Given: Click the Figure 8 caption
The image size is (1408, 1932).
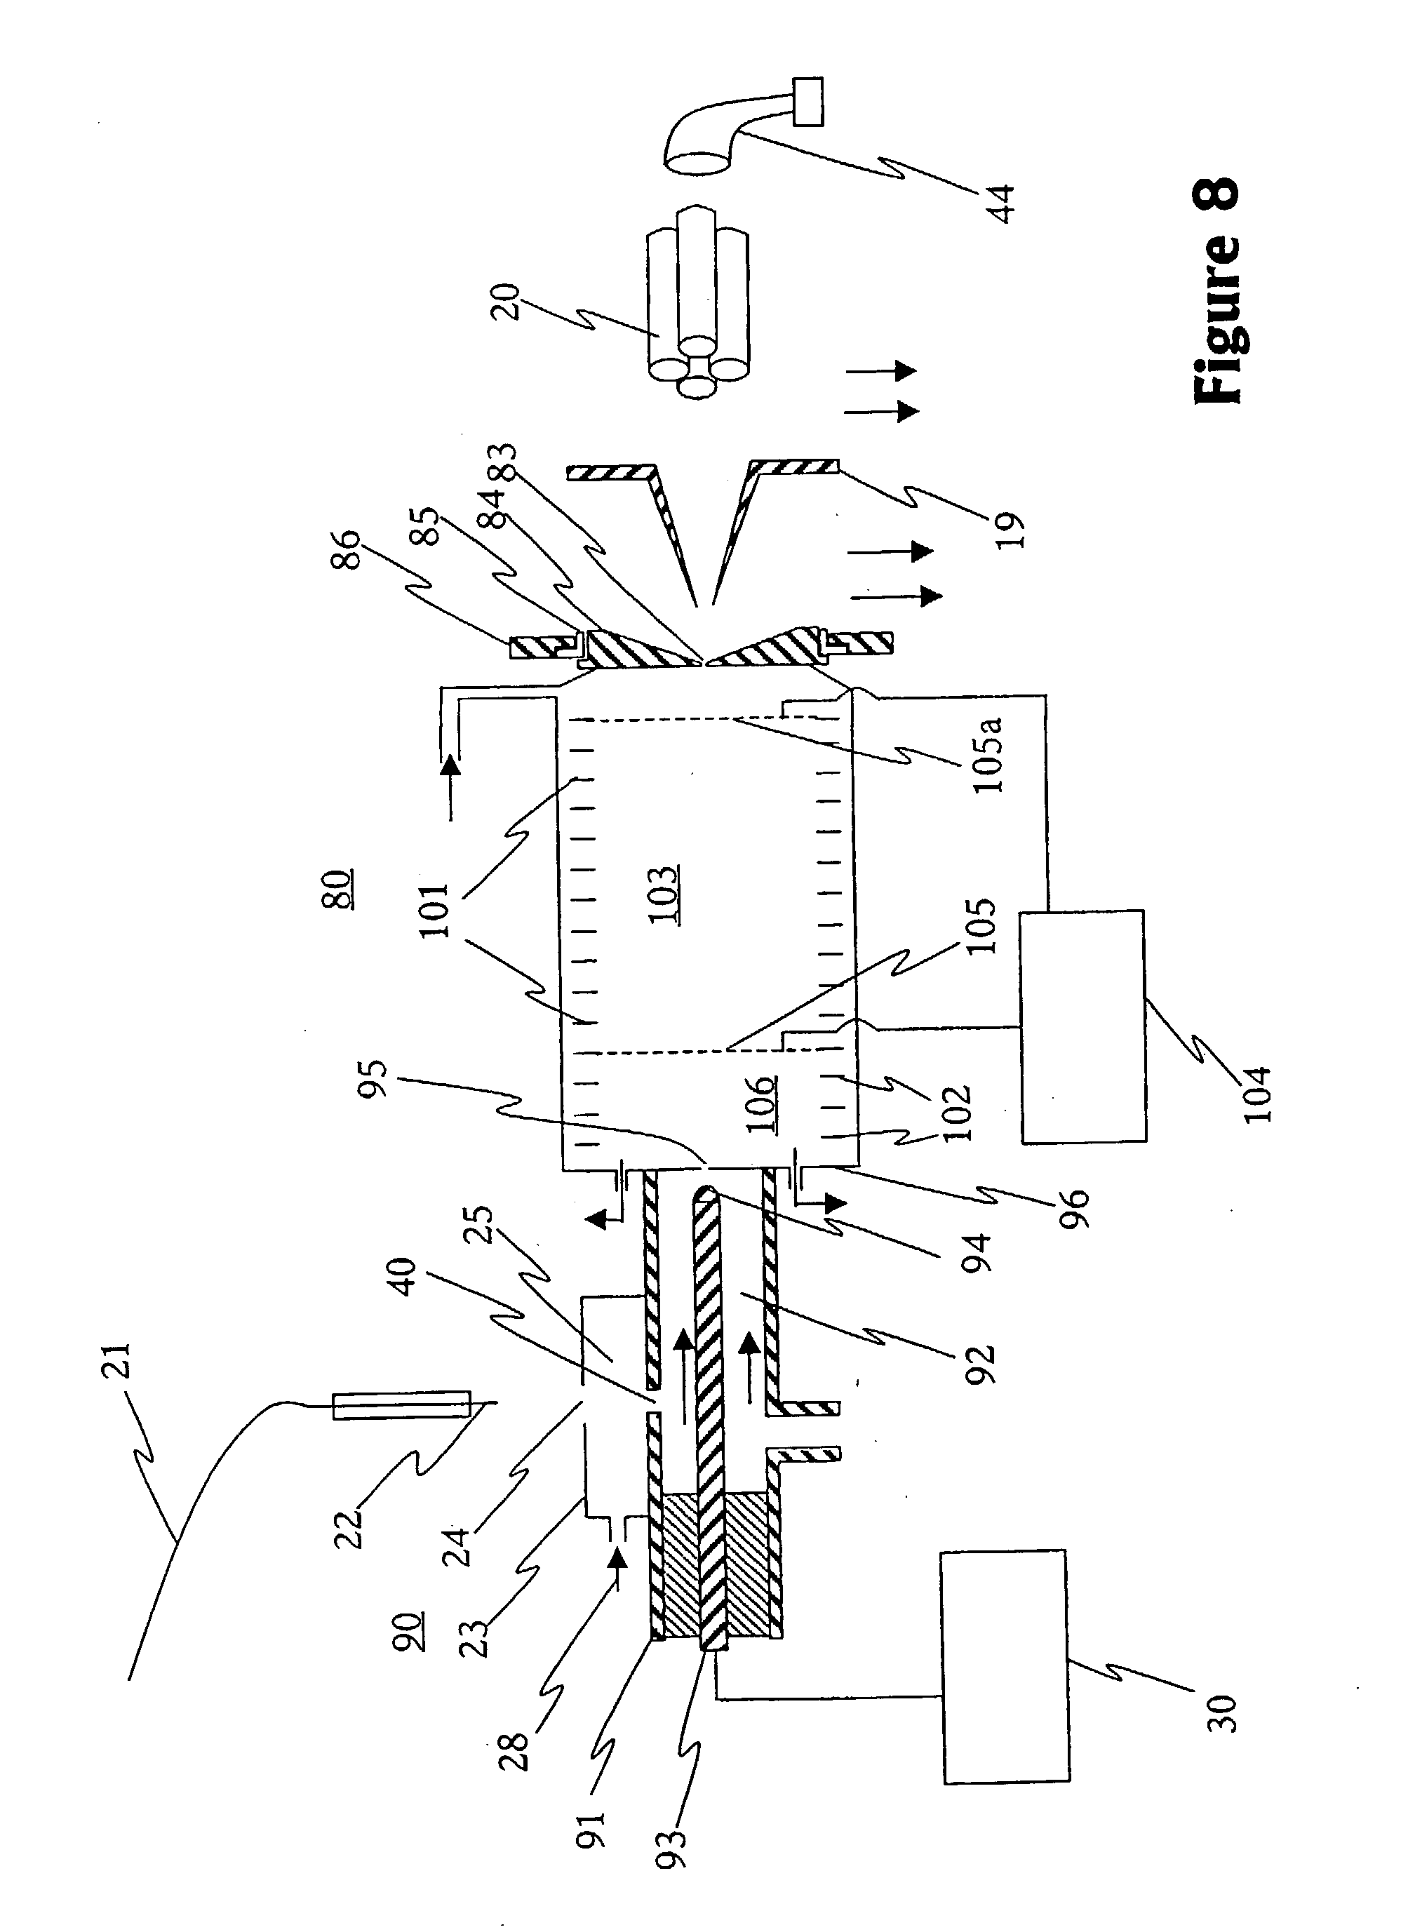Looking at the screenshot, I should click(1216, 290).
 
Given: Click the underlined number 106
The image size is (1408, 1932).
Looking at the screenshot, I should click(761, 1103).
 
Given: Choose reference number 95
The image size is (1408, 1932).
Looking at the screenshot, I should click(376, 1079).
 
